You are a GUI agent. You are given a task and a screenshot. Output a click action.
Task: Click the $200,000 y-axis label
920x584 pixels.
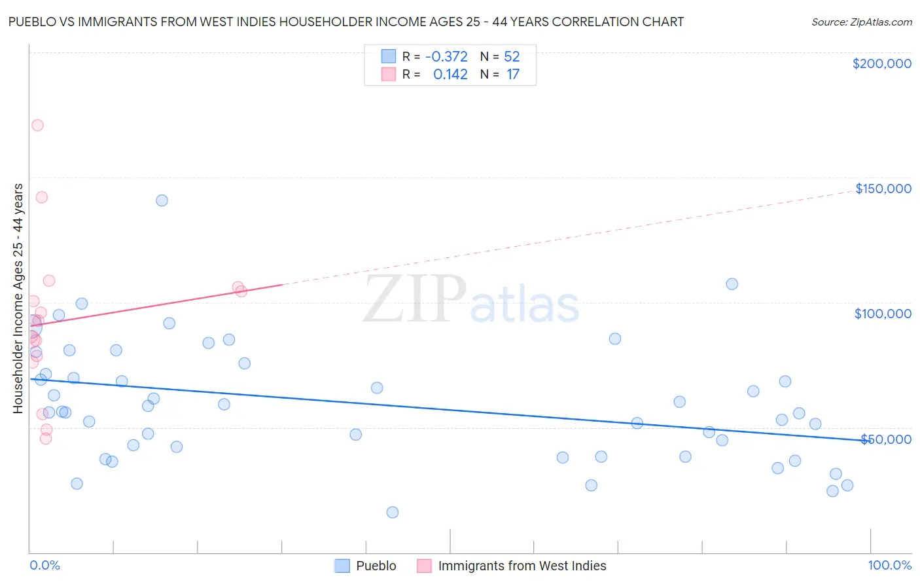tap(881, 64)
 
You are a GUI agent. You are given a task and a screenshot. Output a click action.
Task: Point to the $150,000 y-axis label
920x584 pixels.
tap(883, 189)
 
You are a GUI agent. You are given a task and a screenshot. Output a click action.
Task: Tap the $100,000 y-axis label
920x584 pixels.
tap(883, 314)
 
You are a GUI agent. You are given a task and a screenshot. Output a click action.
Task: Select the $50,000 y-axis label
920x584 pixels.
tap(885, 439)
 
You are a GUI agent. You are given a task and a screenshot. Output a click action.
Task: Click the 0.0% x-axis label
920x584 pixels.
tap(44, 565)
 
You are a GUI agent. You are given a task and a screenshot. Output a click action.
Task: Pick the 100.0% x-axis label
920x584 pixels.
tap(889, 565)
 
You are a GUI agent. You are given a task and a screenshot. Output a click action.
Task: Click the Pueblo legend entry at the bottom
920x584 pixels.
tap(376, 566)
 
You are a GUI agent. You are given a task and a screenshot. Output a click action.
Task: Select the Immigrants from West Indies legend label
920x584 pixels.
tap(522, 566)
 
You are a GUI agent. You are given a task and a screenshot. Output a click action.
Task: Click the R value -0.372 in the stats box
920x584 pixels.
tap(446, 57)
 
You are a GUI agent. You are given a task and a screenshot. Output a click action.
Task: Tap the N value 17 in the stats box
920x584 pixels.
tap(512, 75)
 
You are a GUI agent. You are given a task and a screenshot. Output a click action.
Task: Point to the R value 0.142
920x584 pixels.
tap(450, 75)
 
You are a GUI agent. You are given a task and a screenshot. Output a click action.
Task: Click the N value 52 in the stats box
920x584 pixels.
tap(512, 57)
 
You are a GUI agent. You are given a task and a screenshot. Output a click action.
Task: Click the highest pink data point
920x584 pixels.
tap(37, 125)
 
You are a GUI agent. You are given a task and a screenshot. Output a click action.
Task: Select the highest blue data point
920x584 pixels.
tap(162, 200)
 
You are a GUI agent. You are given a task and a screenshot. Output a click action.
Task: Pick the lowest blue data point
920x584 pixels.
tap(393, 512)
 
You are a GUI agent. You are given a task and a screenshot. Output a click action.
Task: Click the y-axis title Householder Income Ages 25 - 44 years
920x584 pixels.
tap(18, 299)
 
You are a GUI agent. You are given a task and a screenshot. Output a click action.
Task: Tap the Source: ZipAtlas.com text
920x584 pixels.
tap(861, 22)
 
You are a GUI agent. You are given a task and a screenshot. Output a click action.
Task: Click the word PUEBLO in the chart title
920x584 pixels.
tap(32, 22)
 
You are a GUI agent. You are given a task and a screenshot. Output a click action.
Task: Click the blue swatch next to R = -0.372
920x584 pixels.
tap(389, 57)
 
